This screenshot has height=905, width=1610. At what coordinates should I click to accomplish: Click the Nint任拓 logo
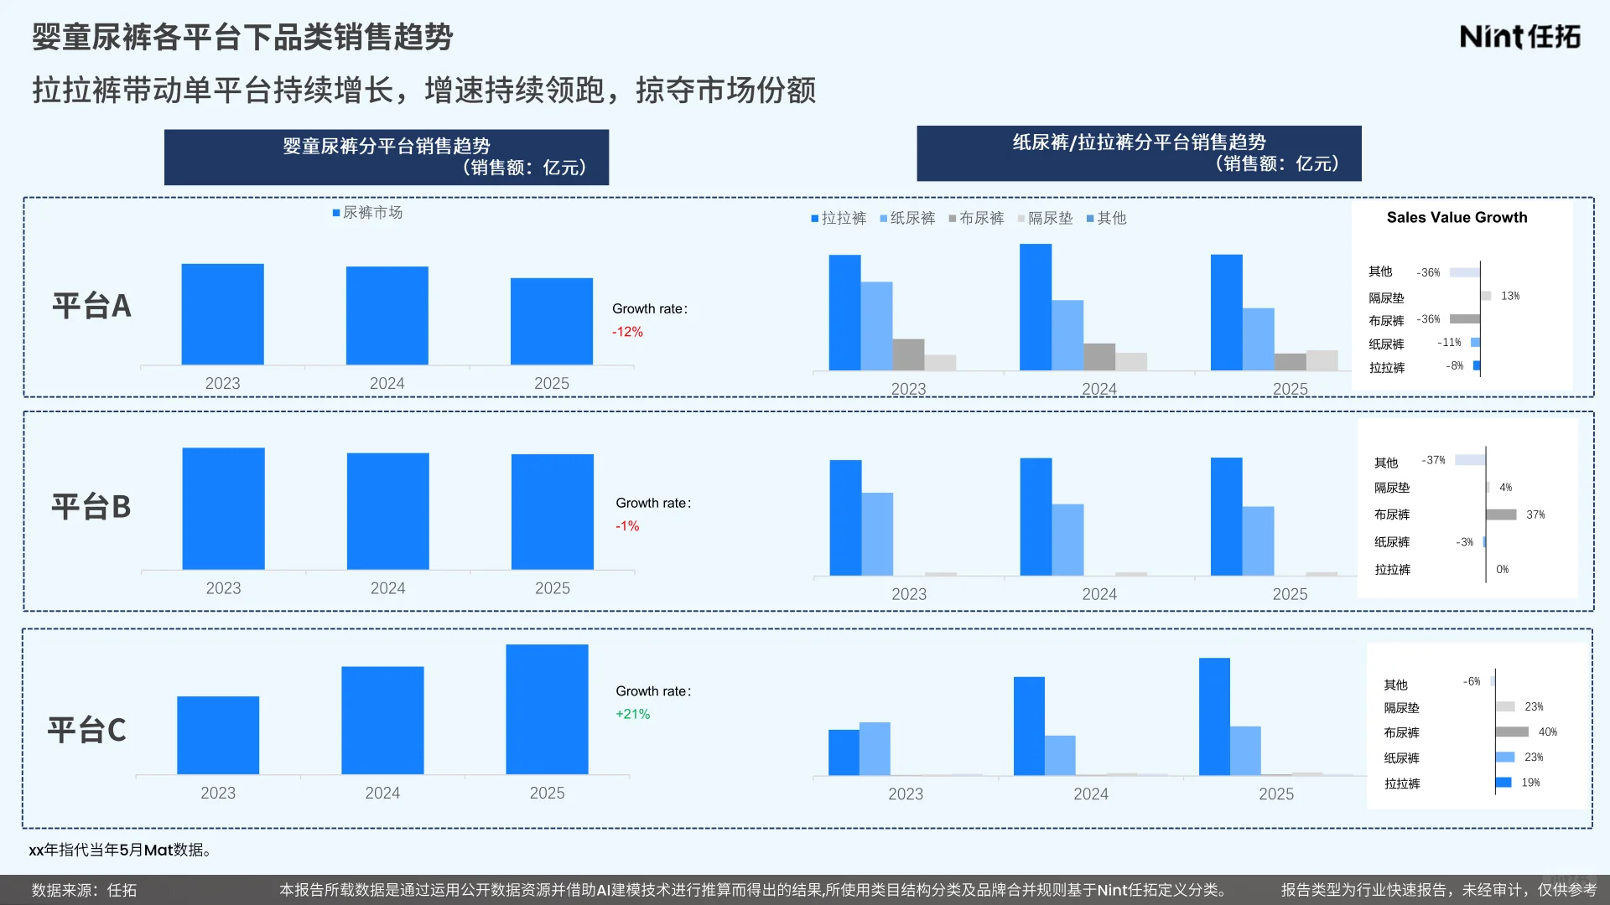coord(1519,37)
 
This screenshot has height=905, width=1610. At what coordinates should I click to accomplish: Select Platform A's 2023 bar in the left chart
coord(222,314)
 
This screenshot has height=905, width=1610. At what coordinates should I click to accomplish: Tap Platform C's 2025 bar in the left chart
coord(547,709)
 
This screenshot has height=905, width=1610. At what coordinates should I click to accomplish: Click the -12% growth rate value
coord(627,332)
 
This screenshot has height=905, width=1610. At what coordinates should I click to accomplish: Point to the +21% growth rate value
coord(632,714)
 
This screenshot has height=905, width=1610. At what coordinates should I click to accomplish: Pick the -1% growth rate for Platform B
coord(627,526)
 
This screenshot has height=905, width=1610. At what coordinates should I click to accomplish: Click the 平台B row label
coord(91,507)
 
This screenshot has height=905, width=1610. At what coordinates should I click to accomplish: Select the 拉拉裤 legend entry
coord(839,218)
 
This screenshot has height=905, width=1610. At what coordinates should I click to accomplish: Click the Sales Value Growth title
coord(1457,217)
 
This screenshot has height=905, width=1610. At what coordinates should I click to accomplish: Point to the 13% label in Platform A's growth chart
coord(1509,296)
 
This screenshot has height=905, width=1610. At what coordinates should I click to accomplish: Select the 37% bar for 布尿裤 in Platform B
coord(1501,515)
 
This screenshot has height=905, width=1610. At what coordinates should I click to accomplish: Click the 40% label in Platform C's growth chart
coord(1547,732)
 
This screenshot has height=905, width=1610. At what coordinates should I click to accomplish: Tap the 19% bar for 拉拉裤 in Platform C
coord(1504,782)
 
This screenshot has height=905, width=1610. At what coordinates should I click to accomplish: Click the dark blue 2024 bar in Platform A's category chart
coord(1035,307)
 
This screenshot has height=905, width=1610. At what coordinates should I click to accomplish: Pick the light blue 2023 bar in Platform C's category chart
coord(875,748)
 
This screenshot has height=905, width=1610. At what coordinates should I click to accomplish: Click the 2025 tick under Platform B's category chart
coord(1289,594)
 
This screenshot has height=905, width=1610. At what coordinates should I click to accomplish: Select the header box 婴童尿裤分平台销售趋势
coord(386,157)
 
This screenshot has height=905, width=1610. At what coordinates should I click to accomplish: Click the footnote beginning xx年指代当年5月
coord(121,850)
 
